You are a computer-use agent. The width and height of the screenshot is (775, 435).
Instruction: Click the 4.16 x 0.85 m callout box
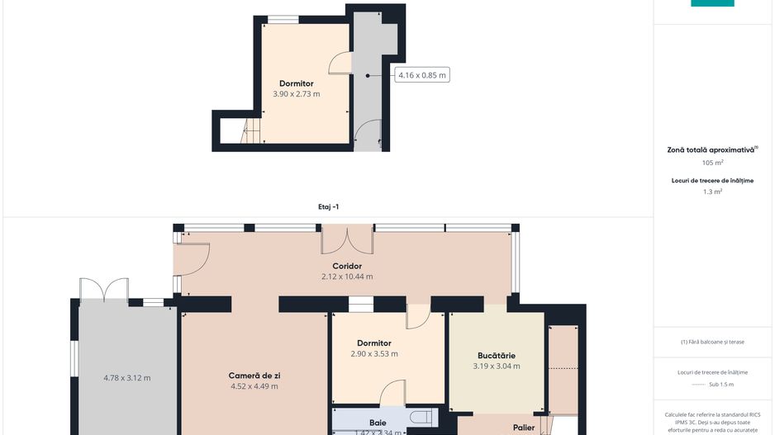(422, 75)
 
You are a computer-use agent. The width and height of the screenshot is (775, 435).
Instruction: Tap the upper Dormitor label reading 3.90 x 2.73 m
(297, 94)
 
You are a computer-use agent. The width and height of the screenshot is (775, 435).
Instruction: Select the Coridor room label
(347, 266)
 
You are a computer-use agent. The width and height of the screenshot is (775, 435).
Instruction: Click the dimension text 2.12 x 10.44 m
(347, 277)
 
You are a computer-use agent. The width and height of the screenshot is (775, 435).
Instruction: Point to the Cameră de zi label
(253, 376)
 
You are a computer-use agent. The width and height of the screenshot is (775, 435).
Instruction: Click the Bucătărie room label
(496, 356)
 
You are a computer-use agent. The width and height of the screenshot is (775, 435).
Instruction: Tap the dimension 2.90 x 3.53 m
(374, 354)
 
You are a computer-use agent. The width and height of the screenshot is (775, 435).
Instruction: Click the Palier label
(523, 428)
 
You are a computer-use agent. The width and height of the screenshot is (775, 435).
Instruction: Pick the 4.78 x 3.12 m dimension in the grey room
(127, 378)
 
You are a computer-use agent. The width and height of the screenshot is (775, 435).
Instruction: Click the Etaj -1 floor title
(328, 207)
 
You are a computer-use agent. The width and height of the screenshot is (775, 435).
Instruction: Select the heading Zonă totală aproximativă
(711, 150)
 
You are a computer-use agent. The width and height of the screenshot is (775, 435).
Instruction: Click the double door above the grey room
(104, 291)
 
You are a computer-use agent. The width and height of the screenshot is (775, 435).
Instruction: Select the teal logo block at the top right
(712, 3)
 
